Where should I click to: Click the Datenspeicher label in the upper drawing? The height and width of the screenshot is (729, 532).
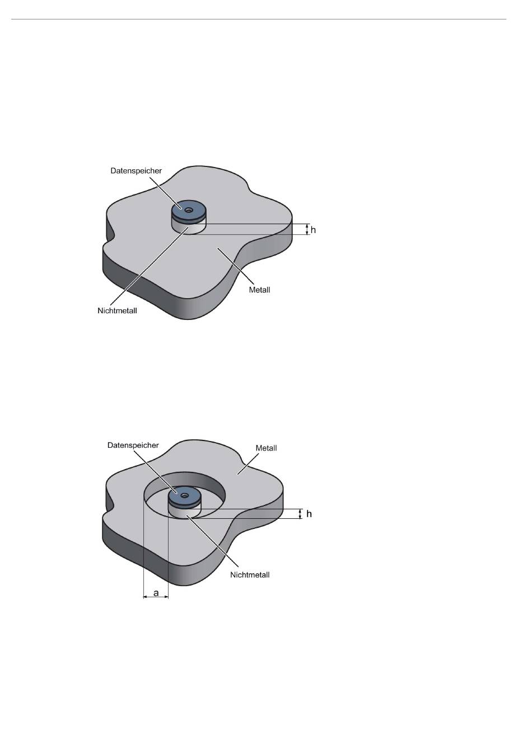click(136, 171)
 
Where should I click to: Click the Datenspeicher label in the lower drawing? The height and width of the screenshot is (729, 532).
click(133, 445)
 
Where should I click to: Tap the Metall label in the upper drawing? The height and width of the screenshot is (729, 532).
click(259, 290)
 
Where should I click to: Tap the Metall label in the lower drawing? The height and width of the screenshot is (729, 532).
click(267, 448)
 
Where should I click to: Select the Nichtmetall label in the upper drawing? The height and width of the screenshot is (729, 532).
click(118, 311)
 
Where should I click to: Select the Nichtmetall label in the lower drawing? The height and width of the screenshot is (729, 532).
click(250, 575)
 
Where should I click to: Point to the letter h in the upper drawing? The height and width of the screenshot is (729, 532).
click(313, 230)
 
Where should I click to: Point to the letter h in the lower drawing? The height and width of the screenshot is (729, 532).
click(309, 514)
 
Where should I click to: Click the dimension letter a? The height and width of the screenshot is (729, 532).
click(156, 593)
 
